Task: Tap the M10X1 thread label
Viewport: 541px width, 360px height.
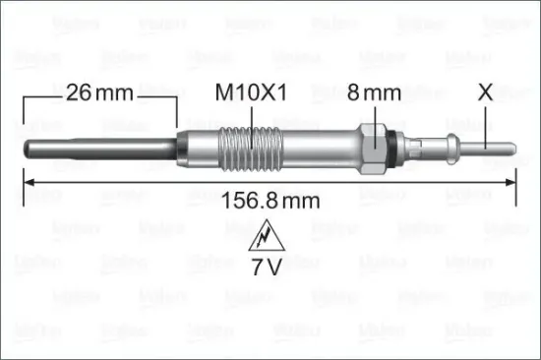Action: click(x=253, y=94)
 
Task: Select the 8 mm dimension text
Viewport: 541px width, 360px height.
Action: click(x=375, y=94)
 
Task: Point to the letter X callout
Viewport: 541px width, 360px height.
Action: click(x=484, y=94)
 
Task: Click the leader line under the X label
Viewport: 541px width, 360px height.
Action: click(x=484, y=122)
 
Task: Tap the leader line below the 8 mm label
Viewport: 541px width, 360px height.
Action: click(x=375, y=116)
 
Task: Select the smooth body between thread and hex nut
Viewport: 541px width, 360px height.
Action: click(x=315, y=148)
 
